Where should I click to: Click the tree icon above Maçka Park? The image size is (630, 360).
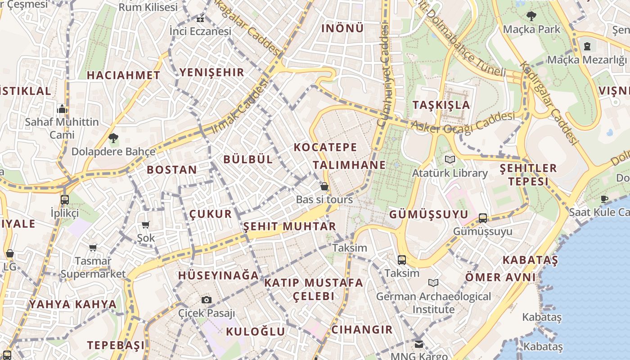[531, 17]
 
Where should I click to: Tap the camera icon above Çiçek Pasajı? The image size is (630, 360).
[207, 300]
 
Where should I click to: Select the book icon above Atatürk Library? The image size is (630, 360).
[450, 159]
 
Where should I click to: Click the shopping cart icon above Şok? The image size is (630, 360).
[146, 225]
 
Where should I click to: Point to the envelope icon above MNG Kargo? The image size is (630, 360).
[419, 344]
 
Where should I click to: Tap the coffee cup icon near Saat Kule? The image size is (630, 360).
[604, 199]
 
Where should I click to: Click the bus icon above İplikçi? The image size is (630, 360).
[65, 200]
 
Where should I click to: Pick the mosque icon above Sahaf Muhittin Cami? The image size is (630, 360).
[62, 109]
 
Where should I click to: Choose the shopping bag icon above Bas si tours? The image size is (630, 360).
[324, 186]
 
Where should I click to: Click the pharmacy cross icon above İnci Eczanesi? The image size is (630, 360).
[200, 19]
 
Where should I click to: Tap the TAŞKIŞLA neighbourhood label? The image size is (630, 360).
[441, 105]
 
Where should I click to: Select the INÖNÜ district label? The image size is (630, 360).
[342, 28]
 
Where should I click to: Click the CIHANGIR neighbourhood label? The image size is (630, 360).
[362, 330]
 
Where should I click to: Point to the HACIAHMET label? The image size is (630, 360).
[123, 75]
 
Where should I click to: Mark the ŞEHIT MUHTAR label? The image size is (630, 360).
[290, 226]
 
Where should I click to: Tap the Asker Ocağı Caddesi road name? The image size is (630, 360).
[463, 122]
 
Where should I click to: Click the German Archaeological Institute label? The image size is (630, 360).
[434, 303]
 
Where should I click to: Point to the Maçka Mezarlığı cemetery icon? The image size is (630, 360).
[587, 46]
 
